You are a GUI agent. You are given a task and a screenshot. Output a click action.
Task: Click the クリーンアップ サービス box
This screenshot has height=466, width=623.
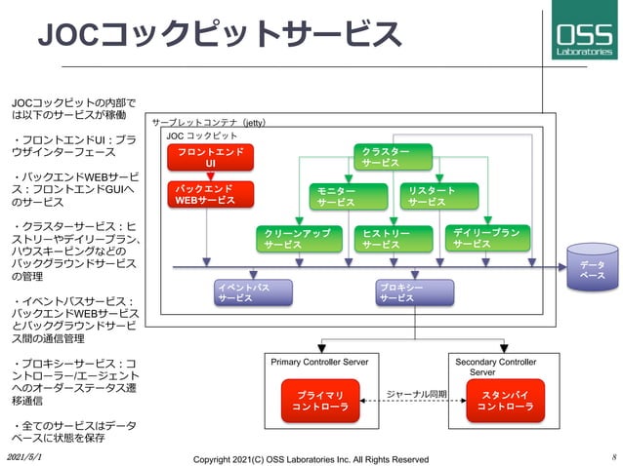pos(295,239)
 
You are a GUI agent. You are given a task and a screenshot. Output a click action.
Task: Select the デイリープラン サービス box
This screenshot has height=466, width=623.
pos(485,239)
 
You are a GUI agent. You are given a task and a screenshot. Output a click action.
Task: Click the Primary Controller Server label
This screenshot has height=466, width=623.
pos(318,362)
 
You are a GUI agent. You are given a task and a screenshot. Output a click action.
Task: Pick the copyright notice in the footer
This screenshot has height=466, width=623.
pos(311,458)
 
